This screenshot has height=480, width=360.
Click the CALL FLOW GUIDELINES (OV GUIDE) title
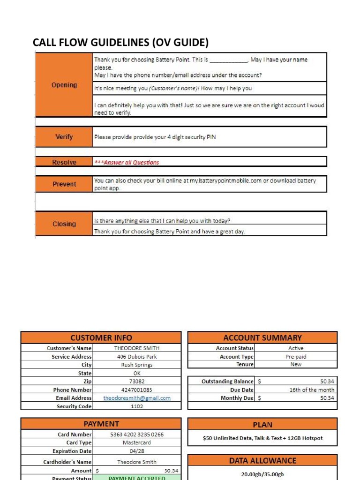120,43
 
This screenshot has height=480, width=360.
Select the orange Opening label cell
64,85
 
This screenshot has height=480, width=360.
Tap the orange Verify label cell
64,137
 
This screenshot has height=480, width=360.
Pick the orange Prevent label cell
64,184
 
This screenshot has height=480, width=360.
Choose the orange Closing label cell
64,224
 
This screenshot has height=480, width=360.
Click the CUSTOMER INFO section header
101,337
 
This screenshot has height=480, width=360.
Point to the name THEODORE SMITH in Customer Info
137,348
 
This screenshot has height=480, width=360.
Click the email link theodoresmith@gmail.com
137,398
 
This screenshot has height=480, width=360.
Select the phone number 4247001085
137,390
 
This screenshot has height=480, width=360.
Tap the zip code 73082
137,382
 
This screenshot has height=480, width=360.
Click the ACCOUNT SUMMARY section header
262,337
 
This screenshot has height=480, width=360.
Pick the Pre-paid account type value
296,357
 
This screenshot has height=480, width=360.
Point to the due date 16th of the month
312,390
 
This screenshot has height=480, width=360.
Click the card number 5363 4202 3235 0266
137,435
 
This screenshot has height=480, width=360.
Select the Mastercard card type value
137,442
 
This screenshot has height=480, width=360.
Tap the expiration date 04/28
137,451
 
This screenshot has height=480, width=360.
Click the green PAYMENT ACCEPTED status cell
137,478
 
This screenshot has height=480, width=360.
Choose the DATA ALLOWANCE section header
262,461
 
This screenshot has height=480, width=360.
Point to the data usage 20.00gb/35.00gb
262,474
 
